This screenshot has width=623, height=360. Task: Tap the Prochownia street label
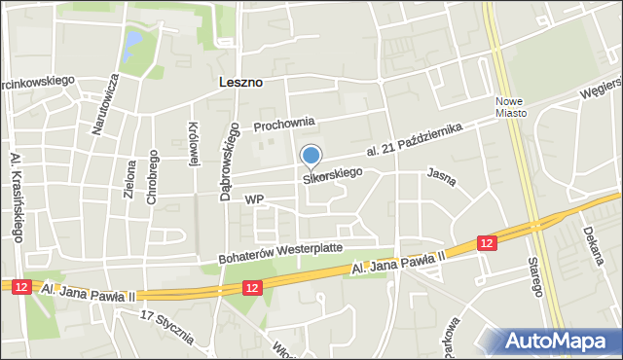pos(284,125)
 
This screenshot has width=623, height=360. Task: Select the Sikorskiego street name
pos(333,175)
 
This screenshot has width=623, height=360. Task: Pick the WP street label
pos(255,199)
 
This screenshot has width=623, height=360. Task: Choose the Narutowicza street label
pos(112,101)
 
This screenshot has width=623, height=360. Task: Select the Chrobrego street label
pos(153,178)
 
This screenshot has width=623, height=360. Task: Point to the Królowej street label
pos(193,144)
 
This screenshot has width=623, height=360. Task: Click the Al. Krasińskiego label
pos(16,196)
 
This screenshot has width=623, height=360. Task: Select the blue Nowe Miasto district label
pos(510,106)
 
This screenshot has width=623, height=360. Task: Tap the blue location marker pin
pos(311,156)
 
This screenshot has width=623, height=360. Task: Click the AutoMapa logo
pos(560,341)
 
